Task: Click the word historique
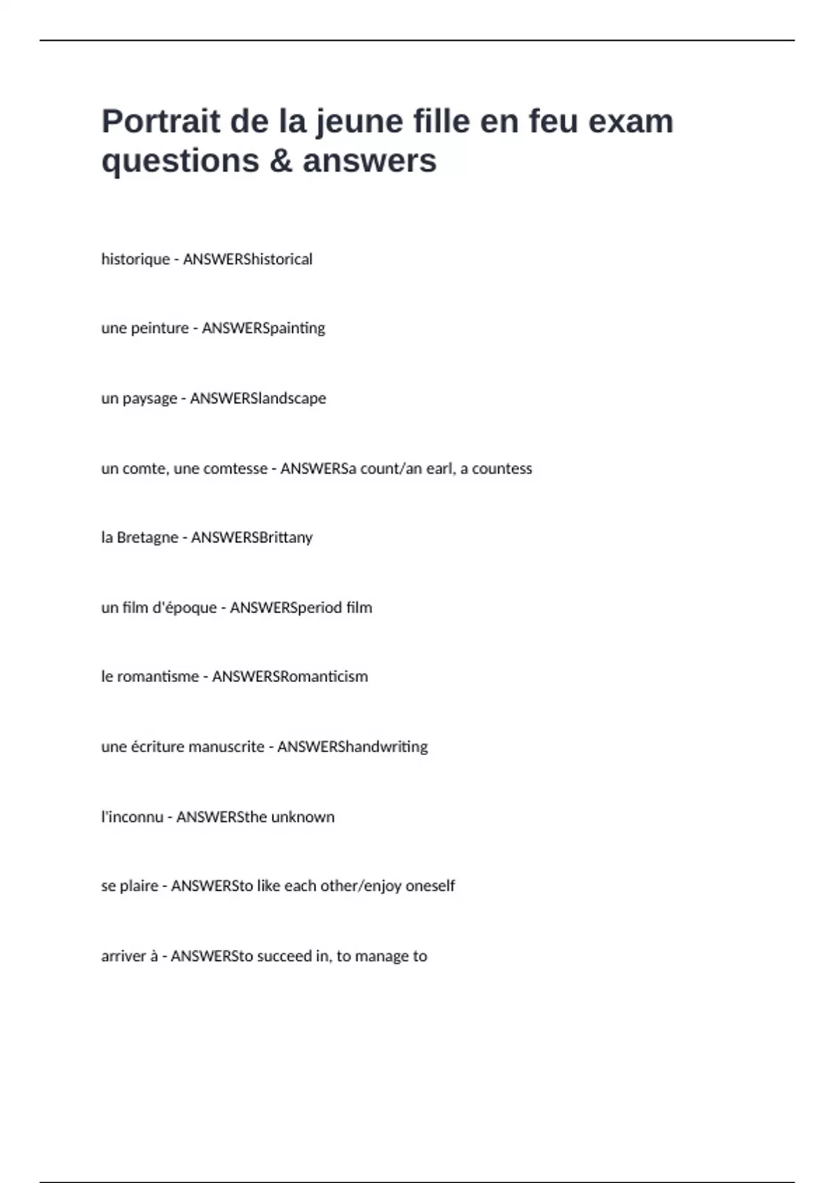[136, 260]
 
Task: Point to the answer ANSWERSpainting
[263, 328]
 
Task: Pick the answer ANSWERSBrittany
[252, 538]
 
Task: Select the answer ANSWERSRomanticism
[289, 677]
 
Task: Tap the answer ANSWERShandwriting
[353, 747]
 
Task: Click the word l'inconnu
[132, 817]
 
